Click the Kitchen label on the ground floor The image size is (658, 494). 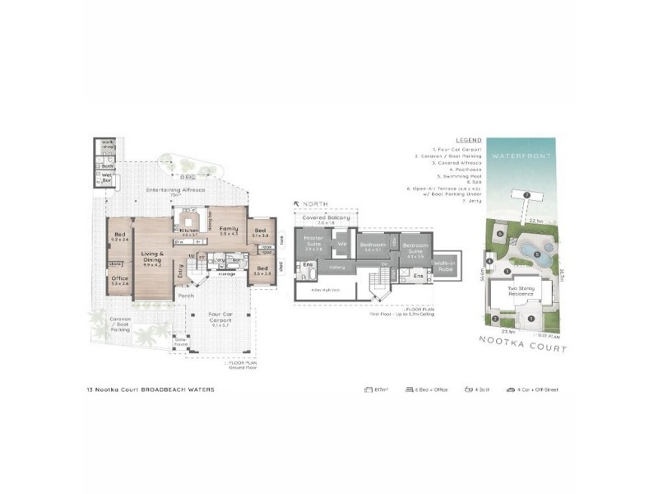tap(190, 231)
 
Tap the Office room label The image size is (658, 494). tap(119, 279)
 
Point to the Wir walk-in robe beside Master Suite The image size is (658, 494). tap(341, 244)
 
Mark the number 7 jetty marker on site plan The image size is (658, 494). tap(526, 194)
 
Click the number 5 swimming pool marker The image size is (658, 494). tap(537, 254)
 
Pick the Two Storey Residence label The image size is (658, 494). tap(520, 291)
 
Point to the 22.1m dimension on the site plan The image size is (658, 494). tap(535, 221)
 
